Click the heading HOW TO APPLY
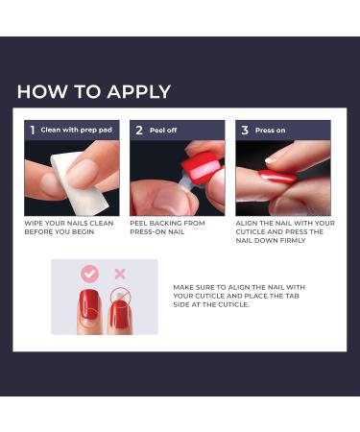(94, 92)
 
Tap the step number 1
(32, 130)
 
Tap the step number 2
(138, 130)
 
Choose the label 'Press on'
(271, 130)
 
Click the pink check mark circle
(89, 274)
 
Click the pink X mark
(121, 274)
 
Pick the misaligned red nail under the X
(120, 313)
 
